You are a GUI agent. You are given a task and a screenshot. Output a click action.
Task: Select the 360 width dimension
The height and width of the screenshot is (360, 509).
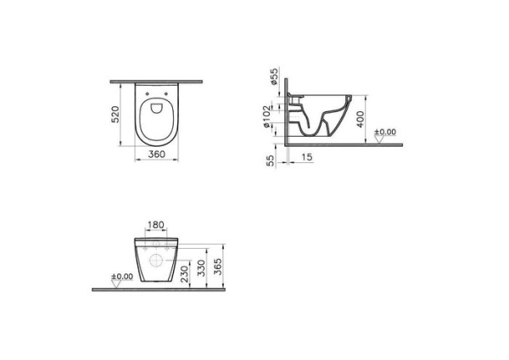[x=156, y=155]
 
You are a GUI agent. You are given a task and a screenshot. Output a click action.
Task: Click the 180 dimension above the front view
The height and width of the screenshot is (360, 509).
[x=156, y=228]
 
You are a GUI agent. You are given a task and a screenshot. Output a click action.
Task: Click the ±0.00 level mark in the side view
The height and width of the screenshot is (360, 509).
[x=386, y=132]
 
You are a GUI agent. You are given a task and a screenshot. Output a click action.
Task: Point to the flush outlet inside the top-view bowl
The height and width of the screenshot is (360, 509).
[x=156, y=109]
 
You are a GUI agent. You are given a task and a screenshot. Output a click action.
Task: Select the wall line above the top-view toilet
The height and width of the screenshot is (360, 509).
[x=156, y=82]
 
